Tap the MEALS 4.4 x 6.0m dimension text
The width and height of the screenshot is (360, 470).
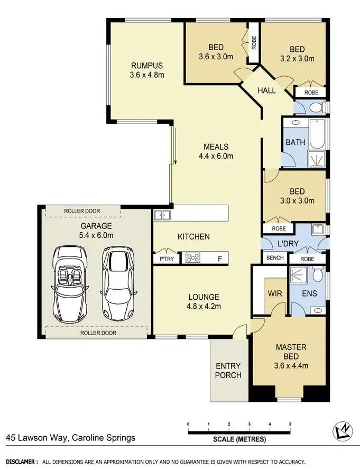pyautogui.click(x=216, y=156)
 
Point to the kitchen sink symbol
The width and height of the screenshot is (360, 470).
pyautogui.click(x=161, y=215)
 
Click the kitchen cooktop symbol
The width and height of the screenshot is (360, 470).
pyautogui.click(x=193, y=259)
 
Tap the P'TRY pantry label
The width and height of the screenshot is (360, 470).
pyautogui.click(x=160, y=259)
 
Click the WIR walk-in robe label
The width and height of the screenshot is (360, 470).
pyautogui.click(x=274, y=292)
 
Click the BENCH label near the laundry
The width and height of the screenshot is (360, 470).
pyautogui.click(x=275, y=259)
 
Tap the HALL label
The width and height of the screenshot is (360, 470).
pyautogui.click(x=266, y=90)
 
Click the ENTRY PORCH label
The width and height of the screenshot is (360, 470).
pyautogui.click(x=228, y=370)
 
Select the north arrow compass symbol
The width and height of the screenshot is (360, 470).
pyautogui.click(x=342, y=431)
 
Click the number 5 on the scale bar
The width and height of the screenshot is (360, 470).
pyautogui.click(x=290, y=425)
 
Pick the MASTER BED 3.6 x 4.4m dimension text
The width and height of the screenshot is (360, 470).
pyautogui.click(x=291, y=365)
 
